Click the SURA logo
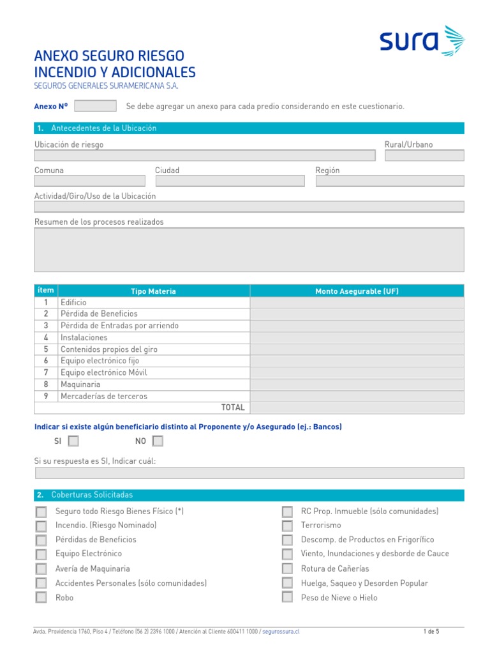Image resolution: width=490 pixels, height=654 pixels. [x=422, y=42]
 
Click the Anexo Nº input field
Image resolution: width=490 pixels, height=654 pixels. [x=96, y=106]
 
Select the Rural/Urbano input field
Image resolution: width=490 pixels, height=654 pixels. [x=424, y=155]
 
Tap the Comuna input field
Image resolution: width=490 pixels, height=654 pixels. [x=89, y=181]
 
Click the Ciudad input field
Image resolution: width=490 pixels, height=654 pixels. [x=230, y=181]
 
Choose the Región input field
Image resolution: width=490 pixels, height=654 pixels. [x=389, y=181]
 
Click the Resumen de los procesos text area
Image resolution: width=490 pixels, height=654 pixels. [x=249, y=250]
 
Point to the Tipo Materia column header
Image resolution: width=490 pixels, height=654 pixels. [x=153, y=291]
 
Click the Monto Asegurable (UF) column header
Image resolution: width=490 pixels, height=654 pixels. [x=357, y=291]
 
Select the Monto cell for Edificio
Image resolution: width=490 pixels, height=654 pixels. [x=357, y=303]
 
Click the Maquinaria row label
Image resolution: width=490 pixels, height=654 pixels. [x=80, y=384]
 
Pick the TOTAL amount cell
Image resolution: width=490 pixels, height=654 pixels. [x=357, y=407]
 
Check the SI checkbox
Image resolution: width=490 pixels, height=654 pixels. [x=73, y=441]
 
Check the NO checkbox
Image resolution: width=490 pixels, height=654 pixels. [x=158, y=441]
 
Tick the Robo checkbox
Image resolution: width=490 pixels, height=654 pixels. [x=41, y=598]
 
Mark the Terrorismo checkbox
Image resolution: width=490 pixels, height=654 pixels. [x=288, y=526]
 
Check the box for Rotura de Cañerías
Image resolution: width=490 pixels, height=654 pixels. [x=288, y=569]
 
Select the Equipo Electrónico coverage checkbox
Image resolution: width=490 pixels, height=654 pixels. [x=41, y=554]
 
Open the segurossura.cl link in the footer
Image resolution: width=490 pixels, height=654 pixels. [x=281, y=632]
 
